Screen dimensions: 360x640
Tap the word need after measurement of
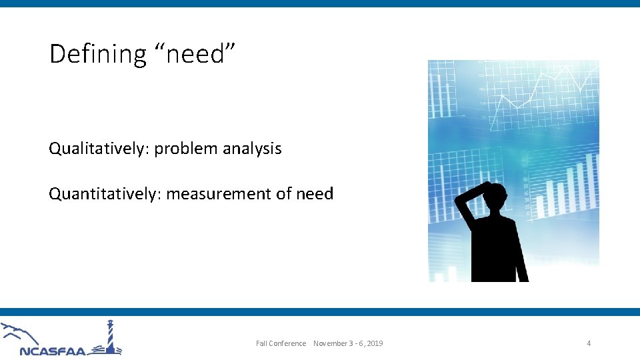(x=314, y=194)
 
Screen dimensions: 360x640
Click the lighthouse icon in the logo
(x=111, y=337)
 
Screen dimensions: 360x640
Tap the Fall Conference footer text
(x=281, y=343)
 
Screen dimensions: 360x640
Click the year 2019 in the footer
(x=375, y=343)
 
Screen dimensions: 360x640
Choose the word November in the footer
(x=329, y=343)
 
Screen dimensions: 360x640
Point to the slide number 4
(x=589, y=343)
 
